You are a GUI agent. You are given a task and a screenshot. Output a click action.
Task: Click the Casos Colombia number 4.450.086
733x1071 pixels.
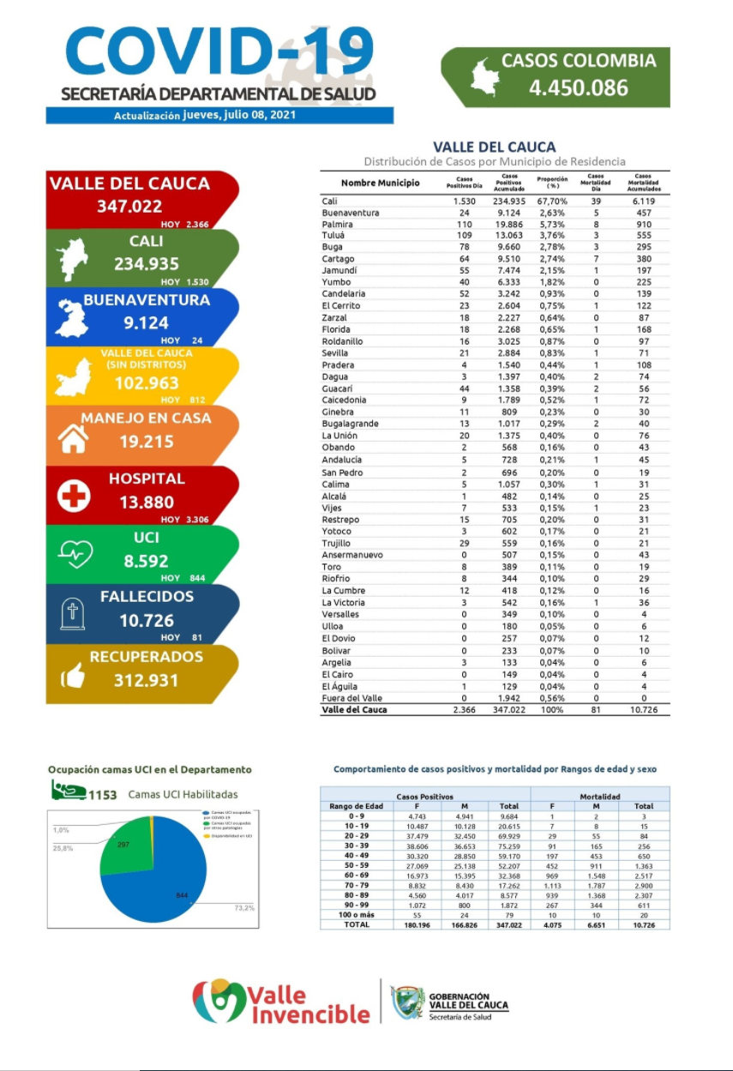tap(579, 87)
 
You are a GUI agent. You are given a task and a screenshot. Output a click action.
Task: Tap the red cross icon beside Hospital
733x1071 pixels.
tap(74, 496)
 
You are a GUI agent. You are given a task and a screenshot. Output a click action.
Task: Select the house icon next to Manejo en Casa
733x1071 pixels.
tap(72, 439)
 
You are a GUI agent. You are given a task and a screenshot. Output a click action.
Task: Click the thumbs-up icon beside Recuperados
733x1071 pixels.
tap(73, 677)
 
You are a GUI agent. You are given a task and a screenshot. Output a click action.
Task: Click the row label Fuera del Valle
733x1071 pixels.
tap(351, 698)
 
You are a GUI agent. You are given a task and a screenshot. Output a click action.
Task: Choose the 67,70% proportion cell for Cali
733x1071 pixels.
tap(553, 201)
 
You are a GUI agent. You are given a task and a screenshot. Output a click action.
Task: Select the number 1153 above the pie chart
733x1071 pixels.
tap(102, 795)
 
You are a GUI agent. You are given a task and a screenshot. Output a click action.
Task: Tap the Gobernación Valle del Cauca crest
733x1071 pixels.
tap(408, 1002)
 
